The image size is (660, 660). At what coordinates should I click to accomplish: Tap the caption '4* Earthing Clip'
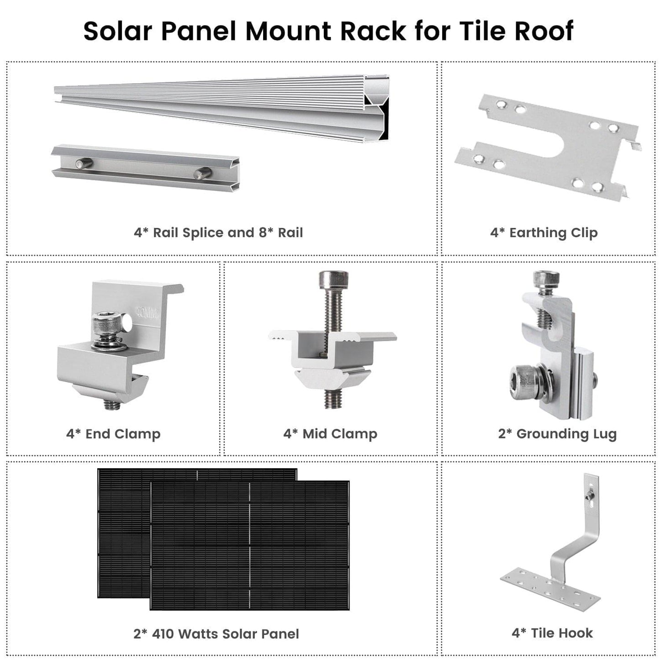pyautogui.click(x=544, y=233)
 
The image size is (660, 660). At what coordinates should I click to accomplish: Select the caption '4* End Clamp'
pyautogui.click(x=113, y=434)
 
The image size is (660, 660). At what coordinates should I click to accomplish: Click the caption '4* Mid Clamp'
pyautogui.click(x=330, y=434)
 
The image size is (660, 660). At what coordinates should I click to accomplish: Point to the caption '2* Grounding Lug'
pyautogui.click(x=557, y=434)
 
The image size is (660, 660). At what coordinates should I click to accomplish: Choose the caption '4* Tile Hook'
pyautogui.click(x=552, y=633)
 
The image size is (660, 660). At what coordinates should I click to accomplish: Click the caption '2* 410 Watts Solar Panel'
pyautogui.click(x=216, y=634)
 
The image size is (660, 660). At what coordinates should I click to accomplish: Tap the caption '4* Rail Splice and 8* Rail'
pyautogui.click(x=218, y=233)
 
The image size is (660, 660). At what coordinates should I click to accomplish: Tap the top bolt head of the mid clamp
pyautogui.click(x=333, y=279)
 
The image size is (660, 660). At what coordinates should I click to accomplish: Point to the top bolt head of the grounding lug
pyautogui.click(x=546, y=278)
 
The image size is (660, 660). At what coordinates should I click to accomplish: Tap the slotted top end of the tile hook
pyautogui.click(x=591, y=489)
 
